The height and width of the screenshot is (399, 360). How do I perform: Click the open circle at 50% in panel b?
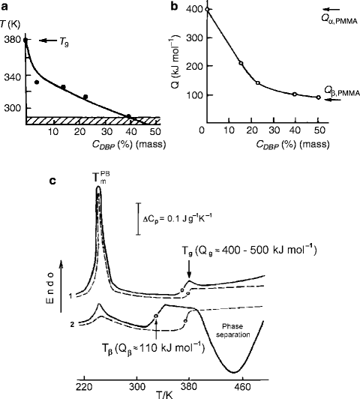pyautogui.click(x=318, y=97)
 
